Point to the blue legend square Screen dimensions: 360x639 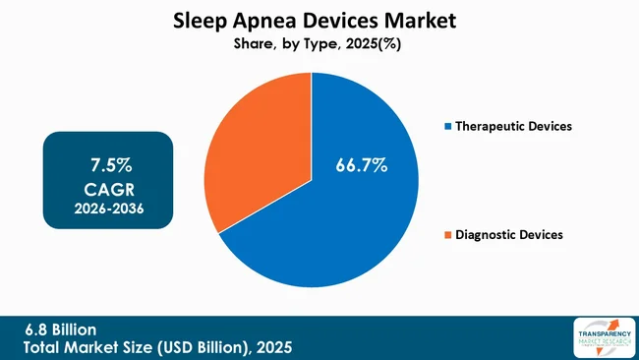tap(449, 127)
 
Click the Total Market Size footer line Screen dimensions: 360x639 tap(158, 348)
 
